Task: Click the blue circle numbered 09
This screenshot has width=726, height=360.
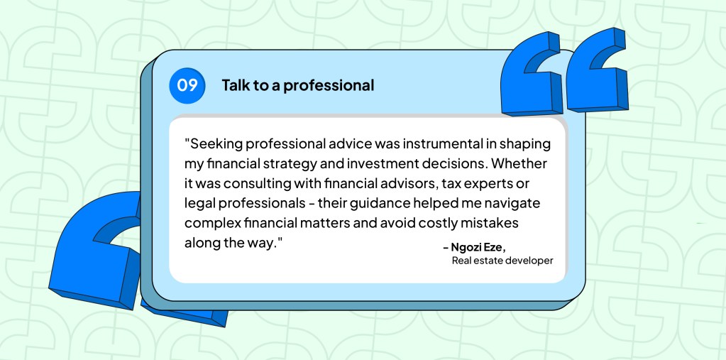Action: tap(187, 86)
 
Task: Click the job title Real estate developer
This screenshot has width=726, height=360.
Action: tap(502, 261)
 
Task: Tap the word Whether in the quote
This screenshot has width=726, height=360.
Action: tap(523, 163)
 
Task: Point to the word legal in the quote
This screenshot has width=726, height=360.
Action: tap(199, 203)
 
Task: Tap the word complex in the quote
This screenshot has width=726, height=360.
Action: tap(211, 223)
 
